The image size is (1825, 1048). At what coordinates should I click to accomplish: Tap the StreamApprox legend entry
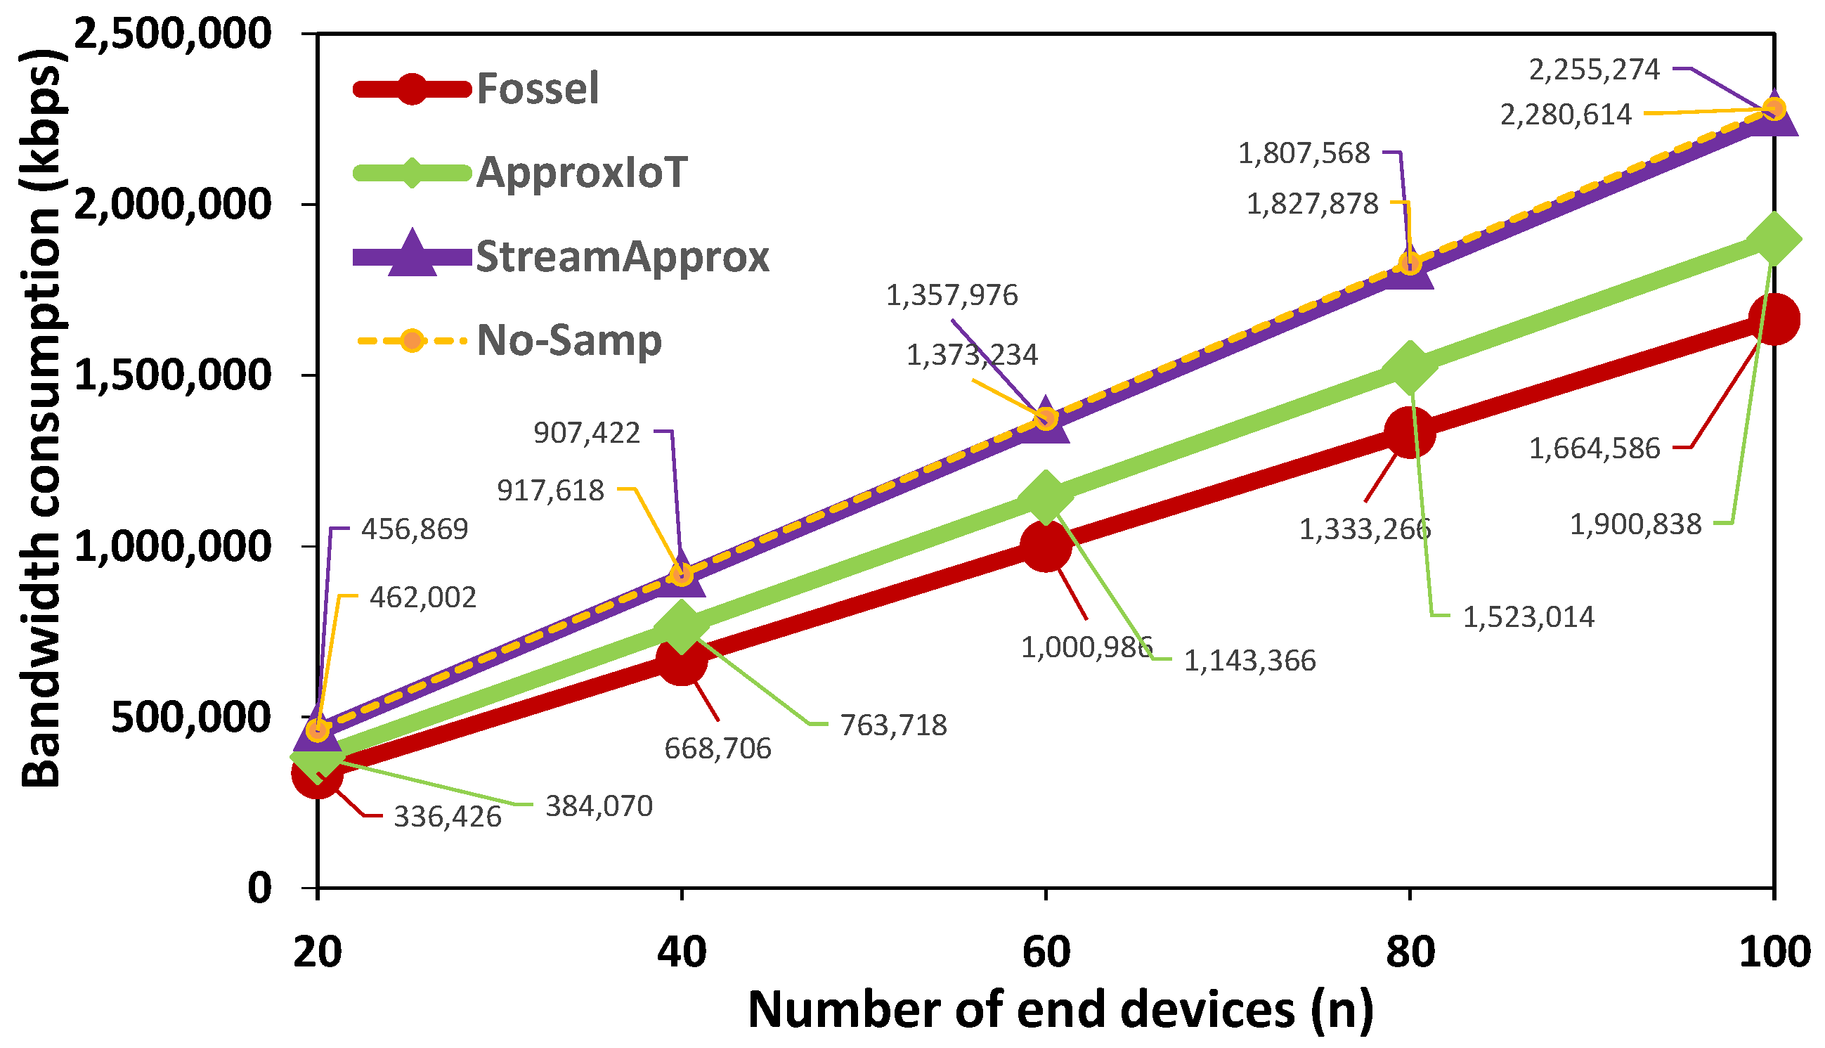pos(622,257)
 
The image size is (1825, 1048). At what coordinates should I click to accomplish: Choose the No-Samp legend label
pos(569,340)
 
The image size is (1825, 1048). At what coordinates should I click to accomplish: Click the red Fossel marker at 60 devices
pos(1046,546)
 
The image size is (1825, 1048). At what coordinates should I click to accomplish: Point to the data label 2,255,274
pos(1594,70)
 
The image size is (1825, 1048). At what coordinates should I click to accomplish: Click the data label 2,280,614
pos(1565,115)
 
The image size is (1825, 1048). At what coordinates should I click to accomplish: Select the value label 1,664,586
pos(1594,449)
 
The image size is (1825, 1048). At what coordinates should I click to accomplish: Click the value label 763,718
pos(893,725)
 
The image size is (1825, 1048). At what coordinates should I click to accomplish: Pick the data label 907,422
pos(587,433)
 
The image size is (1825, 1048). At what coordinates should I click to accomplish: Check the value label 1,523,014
pos(1528,618)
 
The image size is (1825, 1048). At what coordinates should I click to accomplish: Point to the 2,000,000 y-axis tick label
pos(173,205)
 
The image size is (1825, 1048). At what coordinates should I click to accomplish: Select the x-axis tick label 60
pos(1046,952)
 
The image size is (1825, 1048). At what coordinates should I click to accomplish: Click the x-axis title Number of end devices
pos(1060,1010)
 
